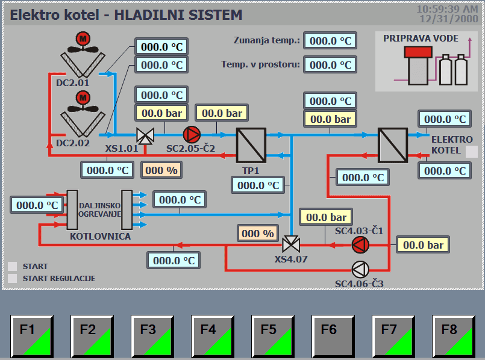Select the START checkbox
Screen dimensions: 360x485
pyautogui.click(x=13, y=266)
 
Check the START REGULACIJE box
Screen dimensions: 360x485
pyautogui.click(x=13, y=278)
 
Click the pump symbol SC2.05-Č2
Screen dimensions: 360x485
pyautogui.click(x=191, y=134)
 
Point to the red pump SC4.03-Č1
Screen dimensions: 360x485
pyautogui.click(x=360, y=244)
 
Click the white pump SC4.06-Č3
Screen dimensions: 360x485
pyautogui.click(x=360, y=268)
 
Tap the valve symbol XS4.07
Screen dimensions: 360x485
pyautogui.click(x=292, y=244)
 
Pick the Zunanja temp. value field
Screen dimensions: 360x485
pyautogui.click(x=330, y=40)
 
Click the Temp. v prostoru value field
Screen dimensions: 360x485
pyautogui.click(x=330, y=64)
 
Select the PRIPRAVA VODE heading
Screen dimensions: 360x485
pyautogui.click(x=421, y=39)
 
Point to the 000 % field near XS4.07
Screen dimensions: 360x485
pyautogui.click(x=257, y=234)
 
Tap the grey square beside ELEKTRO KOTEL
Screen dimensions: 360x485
pyautogui.click(x=472, y=151)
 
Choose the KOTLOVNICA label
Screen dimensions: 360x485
pyautogui.click(x=100, y=236)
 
